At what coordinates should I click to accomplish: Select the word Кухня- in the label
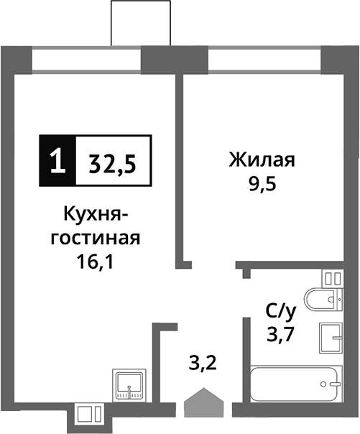click(x=96, y=214)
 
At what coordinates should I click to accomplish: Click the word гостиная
click(x=95, y=238)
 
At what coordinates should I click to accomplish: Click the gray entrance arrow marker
click(x=205, y=403)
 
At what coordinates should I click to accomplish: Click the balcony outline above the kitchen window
click(x=144, y=23)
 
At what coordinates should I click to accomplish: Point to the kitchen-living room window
click(x=87, y=60)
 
